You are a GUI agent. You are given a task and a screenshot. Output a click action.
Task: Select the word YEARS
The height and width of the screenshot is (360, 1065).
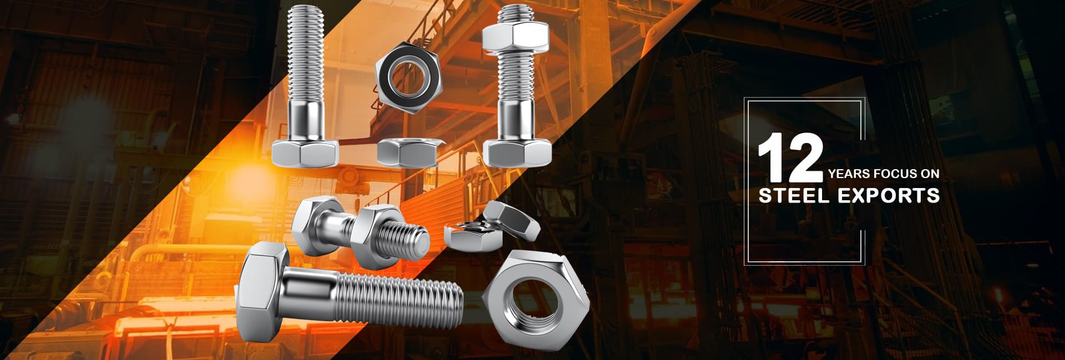point(849,174)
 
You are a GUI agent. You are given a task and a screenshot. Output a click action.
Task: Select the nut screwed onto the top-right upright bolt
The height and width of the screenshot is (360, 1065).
point(515,37)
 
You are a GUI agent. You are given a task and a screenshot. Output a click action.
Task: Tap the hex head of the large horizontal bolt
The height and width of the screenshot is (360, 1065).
point(261,291)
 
